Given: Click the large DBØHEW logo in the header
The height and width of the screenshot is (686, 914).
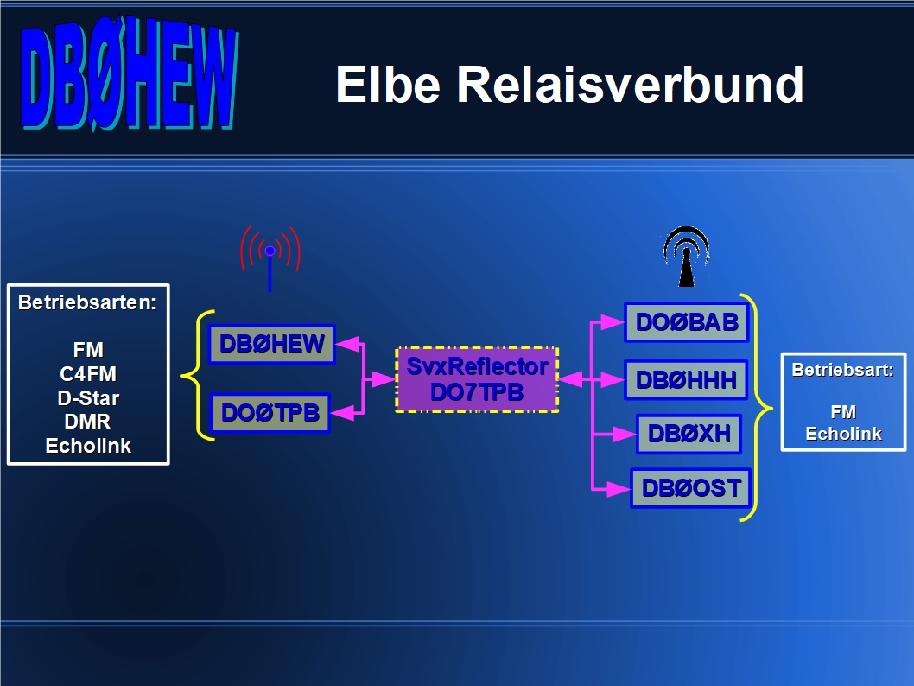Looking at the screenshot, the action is click(130, 73).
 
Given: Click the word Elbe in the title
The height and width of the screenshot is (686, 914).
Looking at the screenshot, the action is click(388, 85).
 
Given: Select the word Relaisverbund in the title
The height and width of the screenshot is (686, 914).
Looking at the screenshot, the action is click(630, 85).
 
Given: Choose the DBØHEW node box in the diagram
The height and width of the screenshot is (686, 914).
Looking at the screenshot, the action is click(271, 344).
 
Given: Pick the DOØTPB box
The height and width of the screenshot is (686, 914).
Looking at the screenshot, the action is click(270, 413).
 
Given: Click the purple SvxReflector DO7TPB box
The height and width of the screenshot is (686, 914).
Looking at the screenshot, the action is click(477, 379).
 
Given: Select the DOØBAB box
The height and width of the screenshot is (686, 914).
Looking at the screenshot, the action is click(687, 322).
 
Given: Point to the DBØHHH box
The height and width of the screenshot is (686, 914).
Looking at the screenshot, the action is click(686, 380).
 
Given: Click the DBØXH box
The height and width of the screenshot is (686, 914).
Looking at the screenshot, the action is click(689, 434).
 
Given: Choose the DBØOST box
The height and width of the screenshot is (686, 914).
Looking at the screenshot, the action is click(691, 488).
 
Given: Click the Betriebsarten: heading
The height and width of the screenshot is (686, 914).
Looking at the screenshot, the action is click(87, 302).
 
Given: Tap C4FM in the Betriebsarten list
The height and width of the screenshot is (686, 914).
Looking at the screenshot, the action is click(88, 373).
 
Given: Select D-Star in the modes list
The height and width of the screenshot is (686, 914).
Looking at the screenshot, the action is click(88, 398).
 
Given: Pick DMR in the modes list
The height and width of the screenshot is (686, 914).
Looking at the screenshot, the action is click(87, 422).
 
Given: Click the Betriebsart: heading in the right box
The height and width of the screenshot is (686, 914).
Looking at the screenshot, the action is click(843, 370).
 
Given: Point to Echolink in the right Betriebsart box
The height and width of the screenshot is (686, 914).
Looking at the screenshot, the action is click(843, 434).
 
